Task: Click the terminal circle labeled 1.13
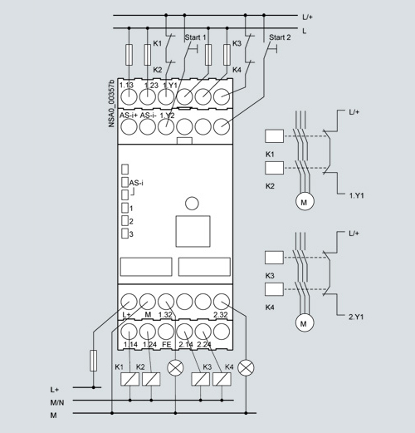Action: point(129,96)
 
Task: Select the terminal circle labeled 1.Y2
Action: point(166,126)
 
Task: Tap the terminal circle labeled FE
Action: point(166,332)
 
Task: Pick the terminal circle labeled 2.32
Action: point(222,302)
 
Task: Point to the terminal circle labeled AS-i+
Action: point(129,126)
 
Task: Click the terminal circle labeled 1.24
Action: point(148,332)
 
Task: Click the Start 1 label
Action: point(195,37)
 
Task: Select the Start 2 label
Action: point(280,37)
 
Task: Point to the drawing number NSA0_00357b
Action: point(111,104)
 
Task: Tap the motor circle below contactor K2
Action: point(305,201)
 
